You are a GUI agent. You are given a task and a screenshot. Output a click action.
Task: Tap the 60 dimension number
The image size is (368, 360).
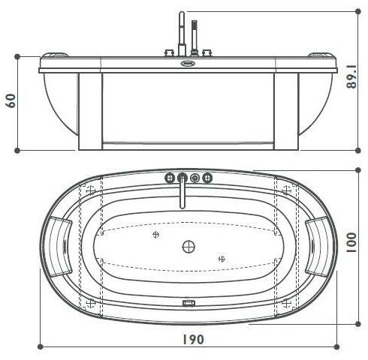(x=11, y=100)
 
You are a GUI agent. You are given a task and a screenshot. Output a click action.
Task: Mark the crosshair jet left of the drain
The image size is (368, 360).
(x=155, y=235)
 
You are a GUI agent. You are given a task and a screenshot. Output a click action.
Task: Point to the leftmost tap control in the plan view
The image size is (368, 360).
(x=168, y=178)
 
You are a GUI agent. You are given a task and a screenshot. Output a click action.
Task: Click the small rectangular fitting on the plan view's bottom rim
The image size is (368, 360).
(x=188, y=304)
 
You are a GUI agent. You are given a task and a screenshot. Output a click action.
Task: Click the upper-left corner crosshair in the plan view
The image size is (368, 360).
(x=91, y=189)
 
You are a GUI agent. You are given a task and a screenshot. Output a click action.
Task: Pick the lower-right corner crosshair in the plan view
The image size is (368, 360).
(x=285, y=303)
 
